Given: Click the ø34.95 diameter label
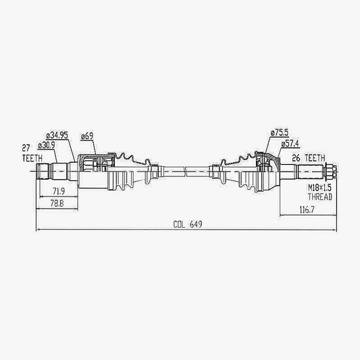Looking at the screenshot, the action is pyautogui.click(x=57, y=136).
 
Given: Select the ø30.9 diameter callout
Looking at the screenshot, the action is pyautogui.click(x=47, y=145).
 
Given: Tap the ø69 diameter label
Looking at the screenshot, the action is pyautogui.click(x=87, y=136).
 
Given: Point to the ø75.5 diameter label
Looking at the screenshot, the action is pyautogui.click(x=280, y=132).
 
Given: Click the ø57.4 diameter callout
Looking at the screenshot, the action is pyautogui.click(x=290, y=144).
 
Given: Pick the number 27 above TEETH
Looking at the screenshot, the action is pyautogui.click(x=26, y=148).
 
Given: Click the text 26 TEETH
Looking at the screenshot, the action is pyautogui.click(x=309, y=158).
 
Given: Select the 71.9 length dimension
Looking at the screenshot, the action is pyautogui.click(x=59, y=191).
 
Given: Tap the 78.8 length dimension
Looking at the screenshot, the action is pyautogui.click(x=57, y=203).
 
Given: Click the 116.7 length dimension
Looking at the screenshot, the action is pyautogui.click(x=307, y=209).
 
